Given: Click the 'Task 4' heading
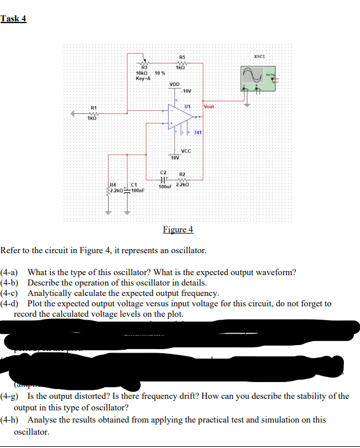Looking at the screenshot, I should (13, 18).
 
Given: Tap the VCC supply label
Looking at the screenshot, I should (186, 151).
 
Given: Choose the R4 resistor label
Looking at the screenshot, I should (113, 184).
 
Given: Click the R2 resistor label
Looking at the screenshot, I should (182, 173).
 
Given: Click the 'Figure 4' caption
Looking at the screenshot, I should (178, 230).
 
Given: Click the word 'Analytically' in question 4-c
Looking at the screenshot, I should (49, 293).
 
